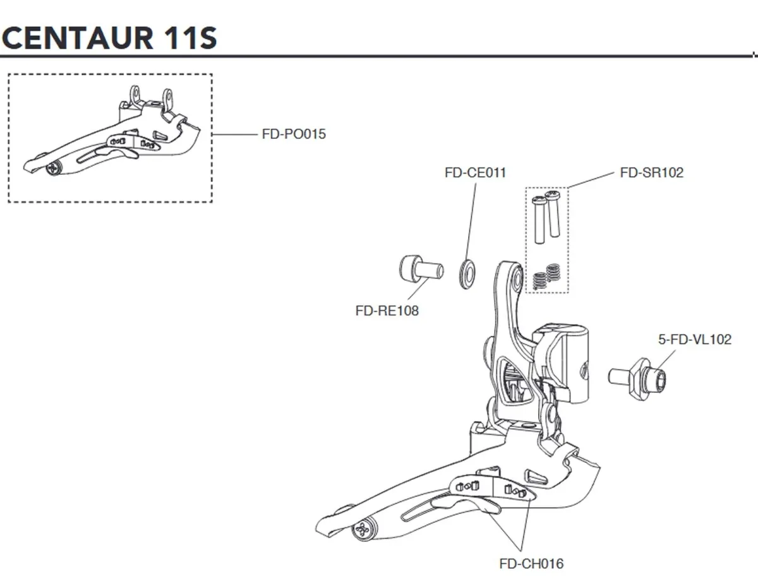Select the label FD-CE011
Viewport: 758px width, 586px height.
(x=475, y=172)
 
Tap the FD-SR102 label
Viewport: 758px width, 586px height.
(x=651, y=172)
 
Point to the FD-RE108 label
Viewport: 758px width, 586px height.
(x=387, y=311)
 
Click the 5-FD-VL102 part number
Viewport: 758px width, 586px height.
(x=694, y=340)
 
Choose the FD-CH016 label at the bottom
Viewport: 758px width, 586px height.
(x=531, y=563)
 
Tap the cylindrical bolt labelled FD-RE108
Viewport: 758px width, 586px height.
(x=416, y=268)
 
